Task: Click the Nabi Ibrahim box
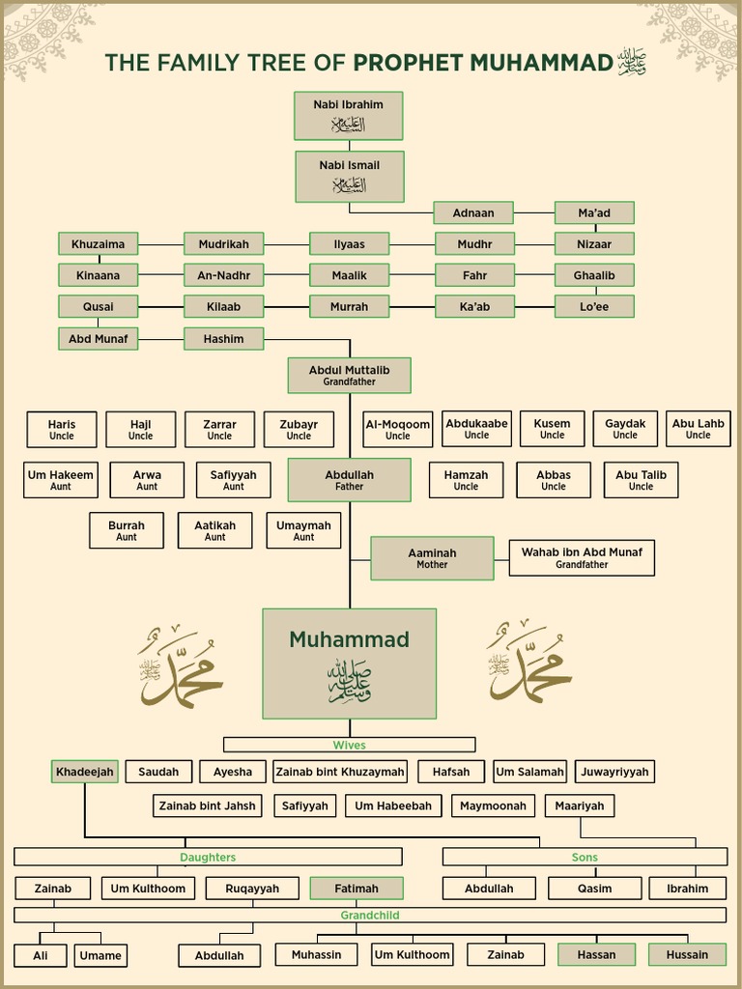tap(348, 115)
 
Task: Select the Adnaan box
tap(472, 212)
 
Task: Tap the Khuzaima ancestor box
tap(98, 244)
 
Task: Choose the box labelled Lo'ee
tap(594, 307)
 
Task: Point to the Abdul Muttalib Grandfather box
tap(349, 375)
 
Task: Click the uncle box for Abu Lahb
tap(698, 429)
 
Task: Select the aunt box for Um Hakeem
tap(61, 480)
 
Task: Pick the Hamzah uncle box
tap(466, 480)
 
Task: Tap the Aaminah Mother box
tap(432, 558)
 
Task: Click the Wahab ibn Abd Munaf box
tap(582, 558)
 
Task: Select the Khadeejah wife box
tap(84, 772)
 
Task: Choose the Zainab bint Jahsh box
tap(208, 805)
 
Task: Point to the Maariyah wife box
tap(580, 805)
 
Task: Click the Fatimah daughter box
tap(357, 889)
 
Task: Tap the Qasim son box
tap(594, 889)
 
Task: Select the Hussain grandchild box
tap(687, 954)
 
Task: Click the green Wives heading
tap(349, 745)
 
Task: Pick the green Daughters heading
tap(208, 857)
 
